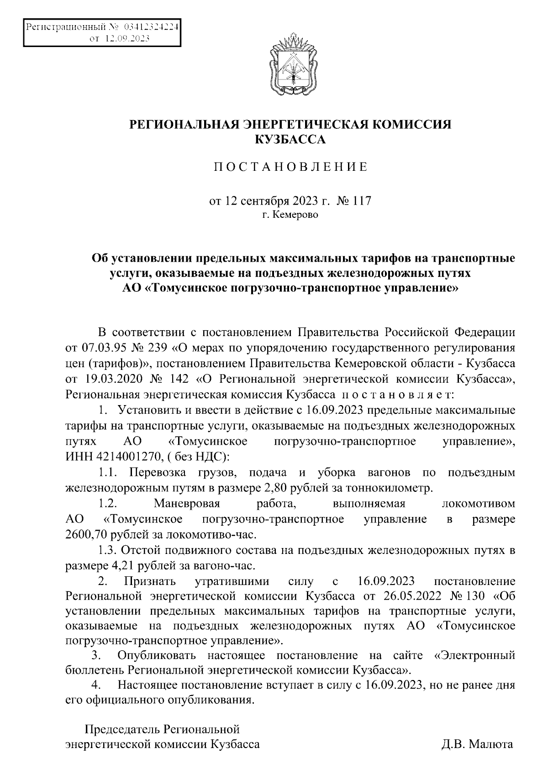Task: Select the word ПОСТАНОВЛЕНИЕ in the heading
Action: pyautogui.click(x=290, y=167)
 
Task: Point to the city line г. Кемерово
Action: pyautogui.click(x=290, y=215)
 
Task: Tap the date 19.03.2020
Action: pyautogui.click(x=113, y=379)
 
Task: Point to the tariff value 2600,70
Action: pyautogui.click(x=87, y=534)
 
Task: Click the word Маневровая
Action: pyautogui.click(x=187, y=504)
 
